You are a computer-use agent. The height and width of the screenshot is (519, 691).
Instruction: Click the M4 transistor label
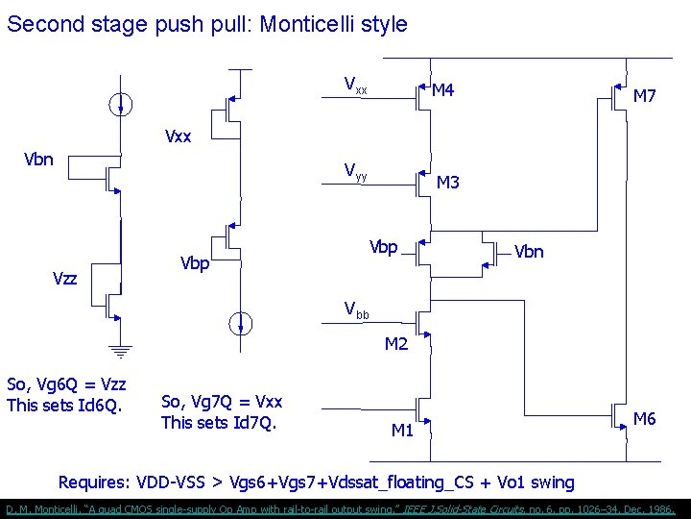[x=442, y=91]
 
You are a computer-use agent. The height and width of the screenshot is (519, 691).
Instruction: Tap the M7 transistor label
[x=645, y=96]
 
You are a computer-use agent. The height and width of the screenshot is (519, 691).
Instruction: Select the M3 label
[x=448, y=182]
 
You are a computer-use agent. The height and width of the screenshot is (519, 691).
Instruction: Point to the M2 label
[x=396, y=343]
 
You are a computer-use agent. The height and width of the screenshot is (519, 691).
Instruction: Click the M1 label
[x=402, y=430]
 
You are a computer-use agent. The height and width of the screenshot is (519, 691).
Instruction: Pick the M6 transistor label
[x=645, y=418]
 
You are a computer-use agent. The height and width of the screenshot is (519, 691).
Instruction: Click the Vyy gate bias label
[x=355, y=171]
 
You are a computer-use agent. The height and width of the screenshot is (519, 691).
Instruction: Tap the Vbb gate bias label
[x=355, y=309]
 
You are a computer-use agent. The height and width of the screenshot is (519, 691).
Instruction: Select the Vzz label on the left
[x=65, y=278]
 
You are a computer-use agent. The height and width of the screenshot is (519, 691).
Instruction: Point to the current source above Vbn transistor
[x=120, y=105]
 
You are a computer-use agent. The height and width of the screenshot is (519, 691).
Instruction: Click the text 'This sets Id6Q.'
[x=64, y=405]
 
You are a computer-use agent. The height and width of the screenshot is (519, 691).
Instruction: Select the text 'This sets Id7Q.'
[x=219, y=422]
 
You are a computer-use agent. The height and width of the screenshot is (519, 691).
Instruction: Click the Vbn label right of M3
[x=529, y=252]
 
